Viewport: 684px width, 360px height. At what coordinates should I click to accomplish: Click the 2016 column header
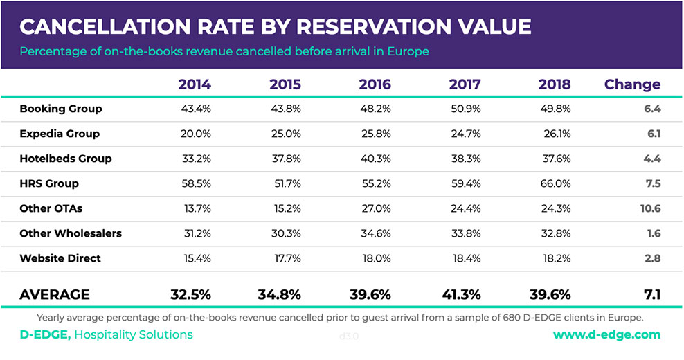[375, 84]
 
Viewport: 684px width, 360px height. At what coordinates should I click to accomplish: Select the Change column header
[632, 84]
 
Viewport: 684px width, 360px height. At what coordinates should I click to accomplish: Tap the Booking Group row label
[61, 109]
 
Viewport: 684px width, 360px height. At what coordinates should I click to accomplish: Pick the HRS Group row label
[49, 183]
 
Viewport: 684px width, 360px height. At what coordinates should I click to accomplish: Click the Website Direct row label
[60, 258]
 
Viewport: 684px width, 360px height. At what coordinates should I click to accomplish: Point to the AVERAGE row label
[55, 294]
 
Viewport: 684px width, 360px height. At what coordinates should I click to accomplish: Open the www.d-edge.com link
[606, 335]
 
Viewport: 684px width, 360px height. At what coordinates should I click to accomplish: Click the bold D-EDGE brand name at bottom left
[44, 335]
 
